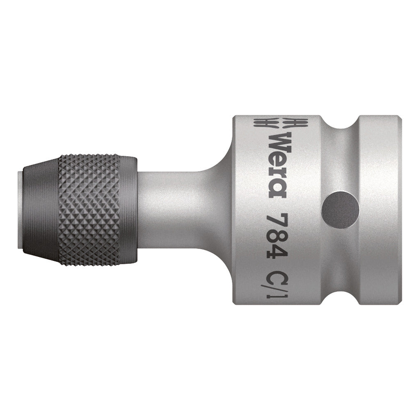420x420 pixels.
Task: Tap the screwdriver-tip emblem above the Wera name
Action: point(281,123)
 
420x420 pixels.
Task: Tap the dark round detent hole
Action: point(333,204)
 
